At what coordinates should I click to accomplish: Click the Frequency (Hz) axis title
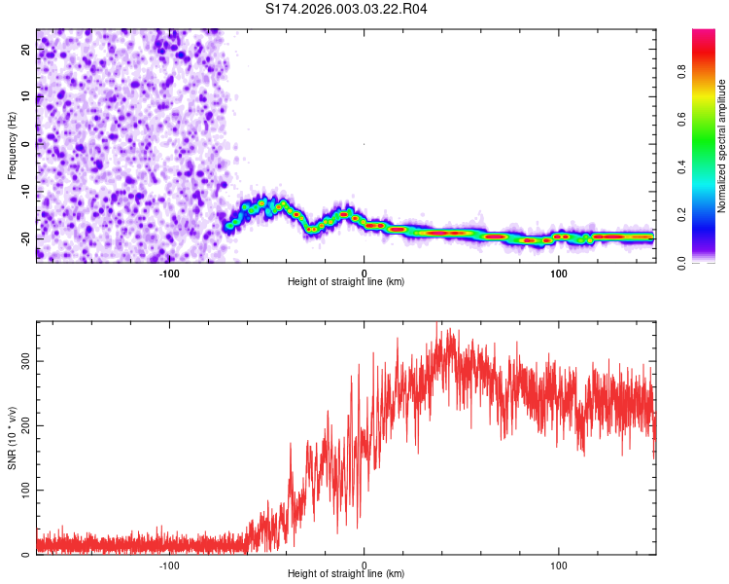pyautogui.click(x=12, y=145)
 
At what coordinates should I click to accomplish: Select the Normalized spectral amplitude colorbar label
pyautogui.click(x=722, y=146)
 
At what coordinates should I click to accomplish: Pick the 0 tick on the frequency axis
pyautogui.click(x=27, y=145)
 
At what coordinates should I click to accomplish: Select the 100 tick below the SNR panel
pyautogui.click(x=559, y=565)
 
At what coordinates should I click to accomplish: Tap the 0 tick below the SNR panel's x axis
pyautogui.click(x=364, y=565)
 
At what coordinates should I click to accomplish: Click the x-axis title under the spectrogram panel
pyautogui.click(x=346, y=282)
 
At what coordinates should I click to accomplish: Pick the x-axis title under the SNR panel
pyautogui.click(x=346, y=575)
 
